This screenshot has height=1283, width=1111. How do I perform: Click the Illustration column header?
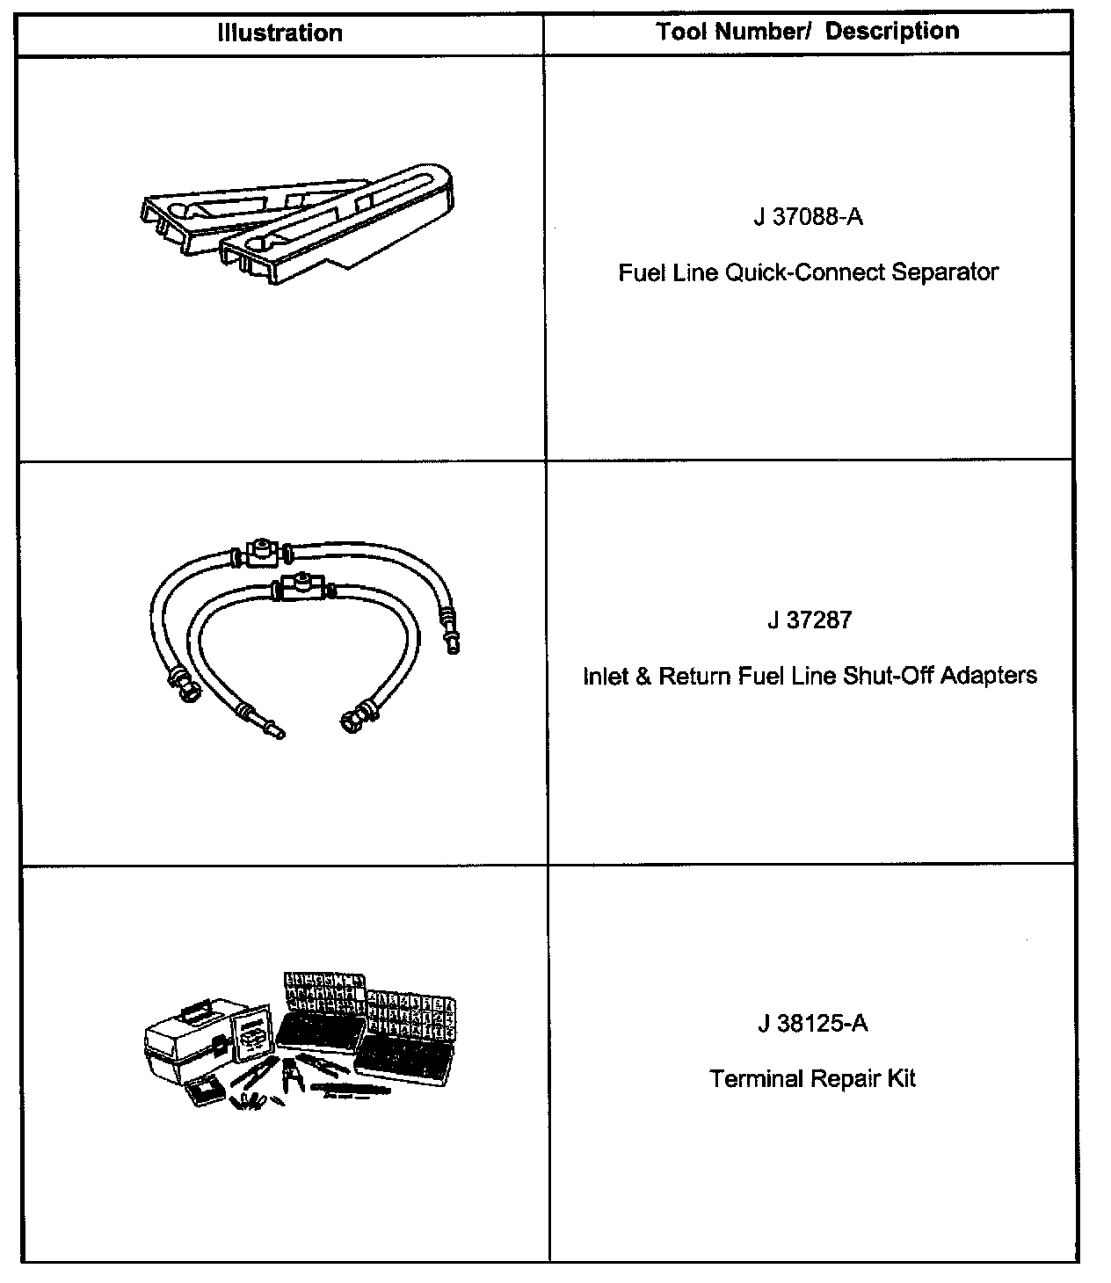pos(280,33)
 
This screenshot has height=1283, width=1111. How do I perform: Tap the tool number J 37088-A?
pos(808,216)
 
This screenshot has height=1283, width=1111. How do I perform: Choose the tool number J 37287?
pos(809,620)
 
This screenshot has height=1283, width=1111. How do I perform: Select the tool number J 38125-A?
pos(812,1024)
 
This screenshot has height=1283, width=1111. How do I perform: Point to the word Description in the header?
pos(892,32)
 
